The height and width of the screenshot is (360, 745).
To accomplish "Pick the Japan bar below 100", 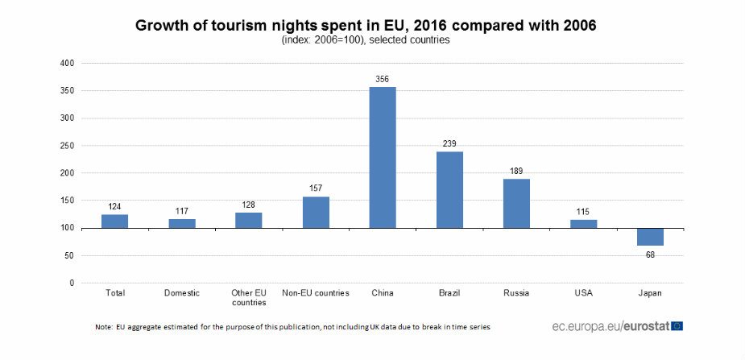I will (650, 237).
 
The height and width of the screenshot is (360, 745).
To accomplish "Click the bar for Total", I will (114, 221).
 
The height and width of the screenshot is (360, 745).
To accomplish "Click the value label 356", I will (383, 79).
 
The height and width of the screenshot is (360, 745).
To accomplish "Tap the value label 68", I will (650, 254).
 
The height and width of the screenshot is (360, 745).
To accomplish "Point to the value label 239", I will (449, 143).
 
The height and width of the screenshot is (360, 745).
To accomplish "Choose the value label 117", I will (181, 211).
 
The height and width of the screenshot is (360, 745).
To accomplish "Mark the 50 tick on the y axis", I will (69, 255).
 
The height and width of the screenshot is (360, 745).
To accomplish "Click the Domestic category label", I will (181, 293).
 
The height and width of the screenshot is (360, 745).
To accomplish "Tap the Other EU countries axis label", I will (249, 297).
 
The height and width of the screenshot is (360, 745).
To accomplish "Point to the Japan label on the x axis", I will (650, 293).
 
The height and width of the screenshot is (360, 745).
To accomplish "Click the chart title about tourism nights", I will (366, 25).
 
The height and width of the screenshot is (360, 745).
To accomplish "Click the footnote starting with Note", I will (292, 327).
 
